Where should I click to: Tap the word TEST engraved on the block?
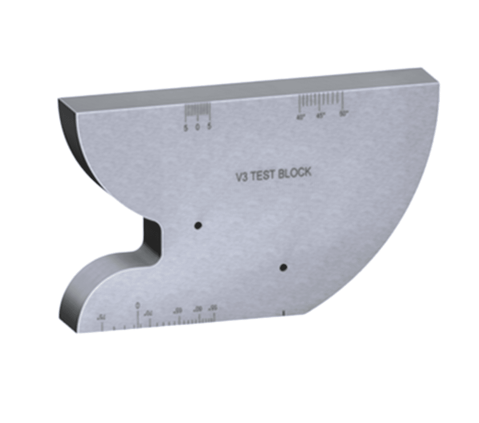tap(263, 175)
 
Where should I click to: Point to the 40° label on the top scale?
tap(301, 117)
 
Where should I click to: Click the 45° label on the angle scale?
tap(321, 115)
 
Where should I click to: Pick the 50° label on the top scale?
tap(343, 113)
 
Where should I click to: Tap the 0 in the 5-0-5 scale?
tap(198, 128)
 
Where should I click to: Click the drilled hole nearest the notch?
tap(198, 225)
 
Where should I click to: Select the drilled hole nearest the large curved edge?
tap(283, 268)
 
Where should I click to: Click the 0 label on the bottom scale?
tap(138, 305)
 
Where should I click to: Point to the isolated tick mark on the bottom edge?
tap(283, 313)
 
